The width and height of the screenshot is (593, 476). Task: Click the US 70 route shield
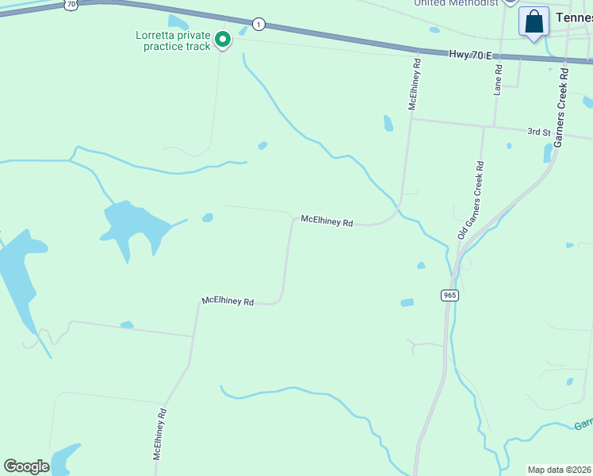[71, 5]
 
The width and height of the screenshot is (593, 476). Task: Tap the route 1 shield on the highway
[258, 25]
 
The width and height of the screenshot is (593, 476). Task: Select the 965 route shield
[450, 295]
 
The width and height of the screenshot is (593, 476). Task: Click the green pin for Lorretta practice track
[224, 38]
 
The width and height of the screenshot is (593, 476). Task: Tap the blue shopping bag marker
[534, 21]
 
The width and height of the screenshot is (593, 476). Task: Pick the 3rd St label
[539, 131]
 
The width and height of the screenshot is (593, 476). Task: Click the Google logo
[27, 466]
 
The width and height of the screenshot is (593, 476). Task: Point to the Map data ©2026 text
[559, 470]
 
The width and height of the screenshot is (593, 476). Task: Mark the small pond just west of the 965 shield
[407, 302]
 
